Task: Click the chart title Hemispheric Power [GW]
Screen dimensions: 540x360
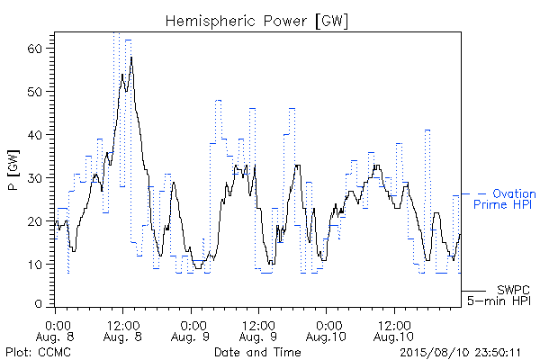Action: pos(256,22)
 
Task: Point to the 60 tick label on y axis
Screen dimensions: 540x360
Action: pos(34,49)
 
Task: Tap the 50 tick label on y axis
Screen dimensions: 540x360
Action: pos(34,92)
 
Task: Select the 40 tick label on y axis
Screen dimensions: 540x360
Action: pos(34,135)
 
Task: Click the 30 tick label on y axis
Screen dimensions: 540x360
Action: pos(34,178)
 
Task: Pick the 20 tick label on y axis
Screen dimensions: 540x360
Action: pos(34,221)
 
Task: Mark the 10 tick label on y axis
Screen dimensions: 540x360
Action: pos(34,265)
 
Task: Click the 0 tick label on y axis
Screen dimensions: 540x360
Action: pos(38,304)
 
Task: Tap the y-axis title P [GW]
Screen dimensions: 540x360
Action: pos(13,170)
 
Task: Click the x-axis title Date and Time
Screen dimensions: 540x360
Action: pos(257,352)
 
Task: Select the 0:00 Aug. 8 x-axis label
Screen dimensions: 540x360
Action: pos(56,331)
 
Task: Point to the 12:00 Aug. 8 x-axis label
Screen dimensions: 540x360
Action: pos(123,331)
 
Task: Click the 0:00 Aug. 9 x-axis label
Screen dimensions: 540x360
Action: pos(191,331)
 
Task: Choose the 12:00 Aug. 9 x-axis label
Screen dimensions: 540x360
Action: pos(258,331)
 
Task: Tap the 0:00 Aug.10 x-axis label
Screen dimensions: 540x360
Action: pos(326,331)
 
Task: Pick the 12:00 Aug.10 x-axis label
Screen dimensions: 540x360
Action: pos(393,331)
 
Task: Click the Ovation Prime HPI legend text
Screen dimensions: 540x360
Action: pos(505,199)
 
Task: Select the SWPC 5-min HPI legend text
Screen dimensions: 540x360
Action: pos(499,295)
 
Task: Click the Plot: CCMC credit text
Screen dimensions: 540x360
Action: pos(38,352)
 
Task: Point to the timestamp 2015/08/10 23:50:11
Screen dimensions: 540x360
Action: pos(460,353)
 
